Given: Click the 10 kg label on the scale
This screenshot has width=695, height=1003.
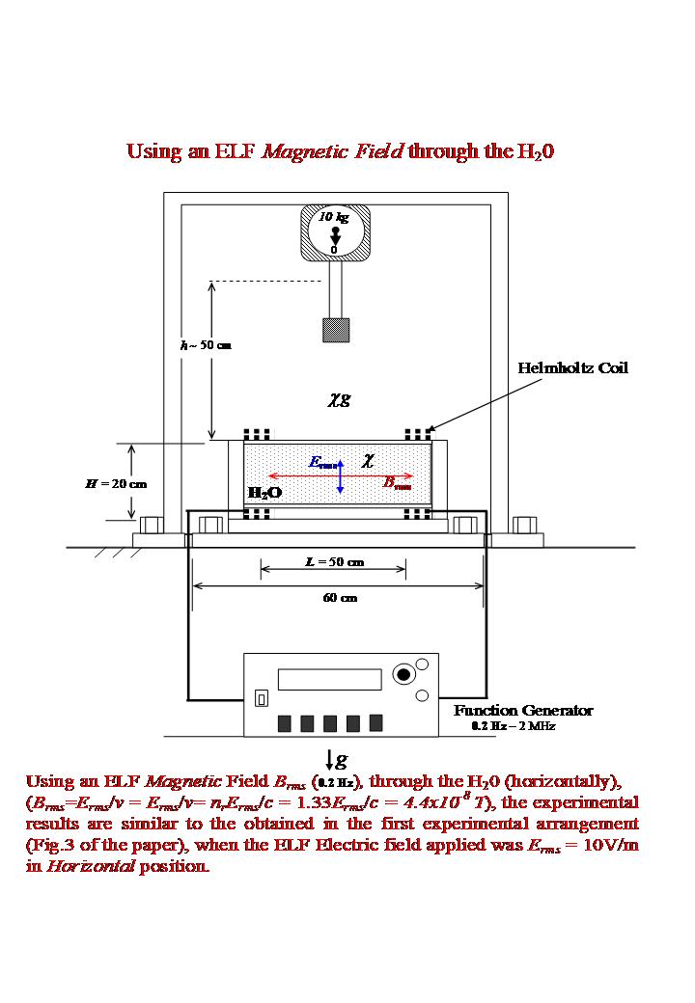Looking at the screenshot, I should coord(335,218).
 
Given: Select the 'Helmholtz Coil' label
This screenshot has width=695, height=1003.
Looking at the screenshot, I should coord(572,368).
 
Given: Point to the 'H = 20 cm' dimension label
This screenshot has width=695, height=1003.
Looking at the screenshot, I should coord(116,483).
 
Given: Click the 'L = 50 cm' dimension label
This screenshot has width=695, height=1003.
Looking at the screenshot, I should coord(334,561).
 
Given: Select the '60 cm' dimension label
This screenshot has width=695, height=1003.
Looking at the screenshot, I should coord(340,598).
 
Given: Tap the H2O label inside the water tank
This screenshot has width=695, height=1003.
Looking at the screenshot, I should coord(265,493).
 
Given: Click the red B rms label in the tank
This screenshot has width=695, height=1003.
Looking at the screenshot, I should coord(398,484).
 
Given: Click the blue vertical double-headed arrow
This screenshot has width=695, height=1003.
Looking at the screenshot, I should coord(341,477).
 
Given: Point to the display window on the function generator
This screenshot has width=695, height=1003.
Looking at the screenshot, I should coord(323,679).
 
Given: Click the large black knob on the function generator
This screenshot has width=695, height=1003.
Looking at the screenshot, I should coord(402,673).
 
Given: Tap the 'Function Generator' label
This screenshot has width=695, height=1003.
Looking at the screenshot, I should coord(523,711).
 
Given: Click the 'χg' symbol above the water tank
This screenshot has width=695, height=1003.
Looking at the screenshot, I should coord(337,398).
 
